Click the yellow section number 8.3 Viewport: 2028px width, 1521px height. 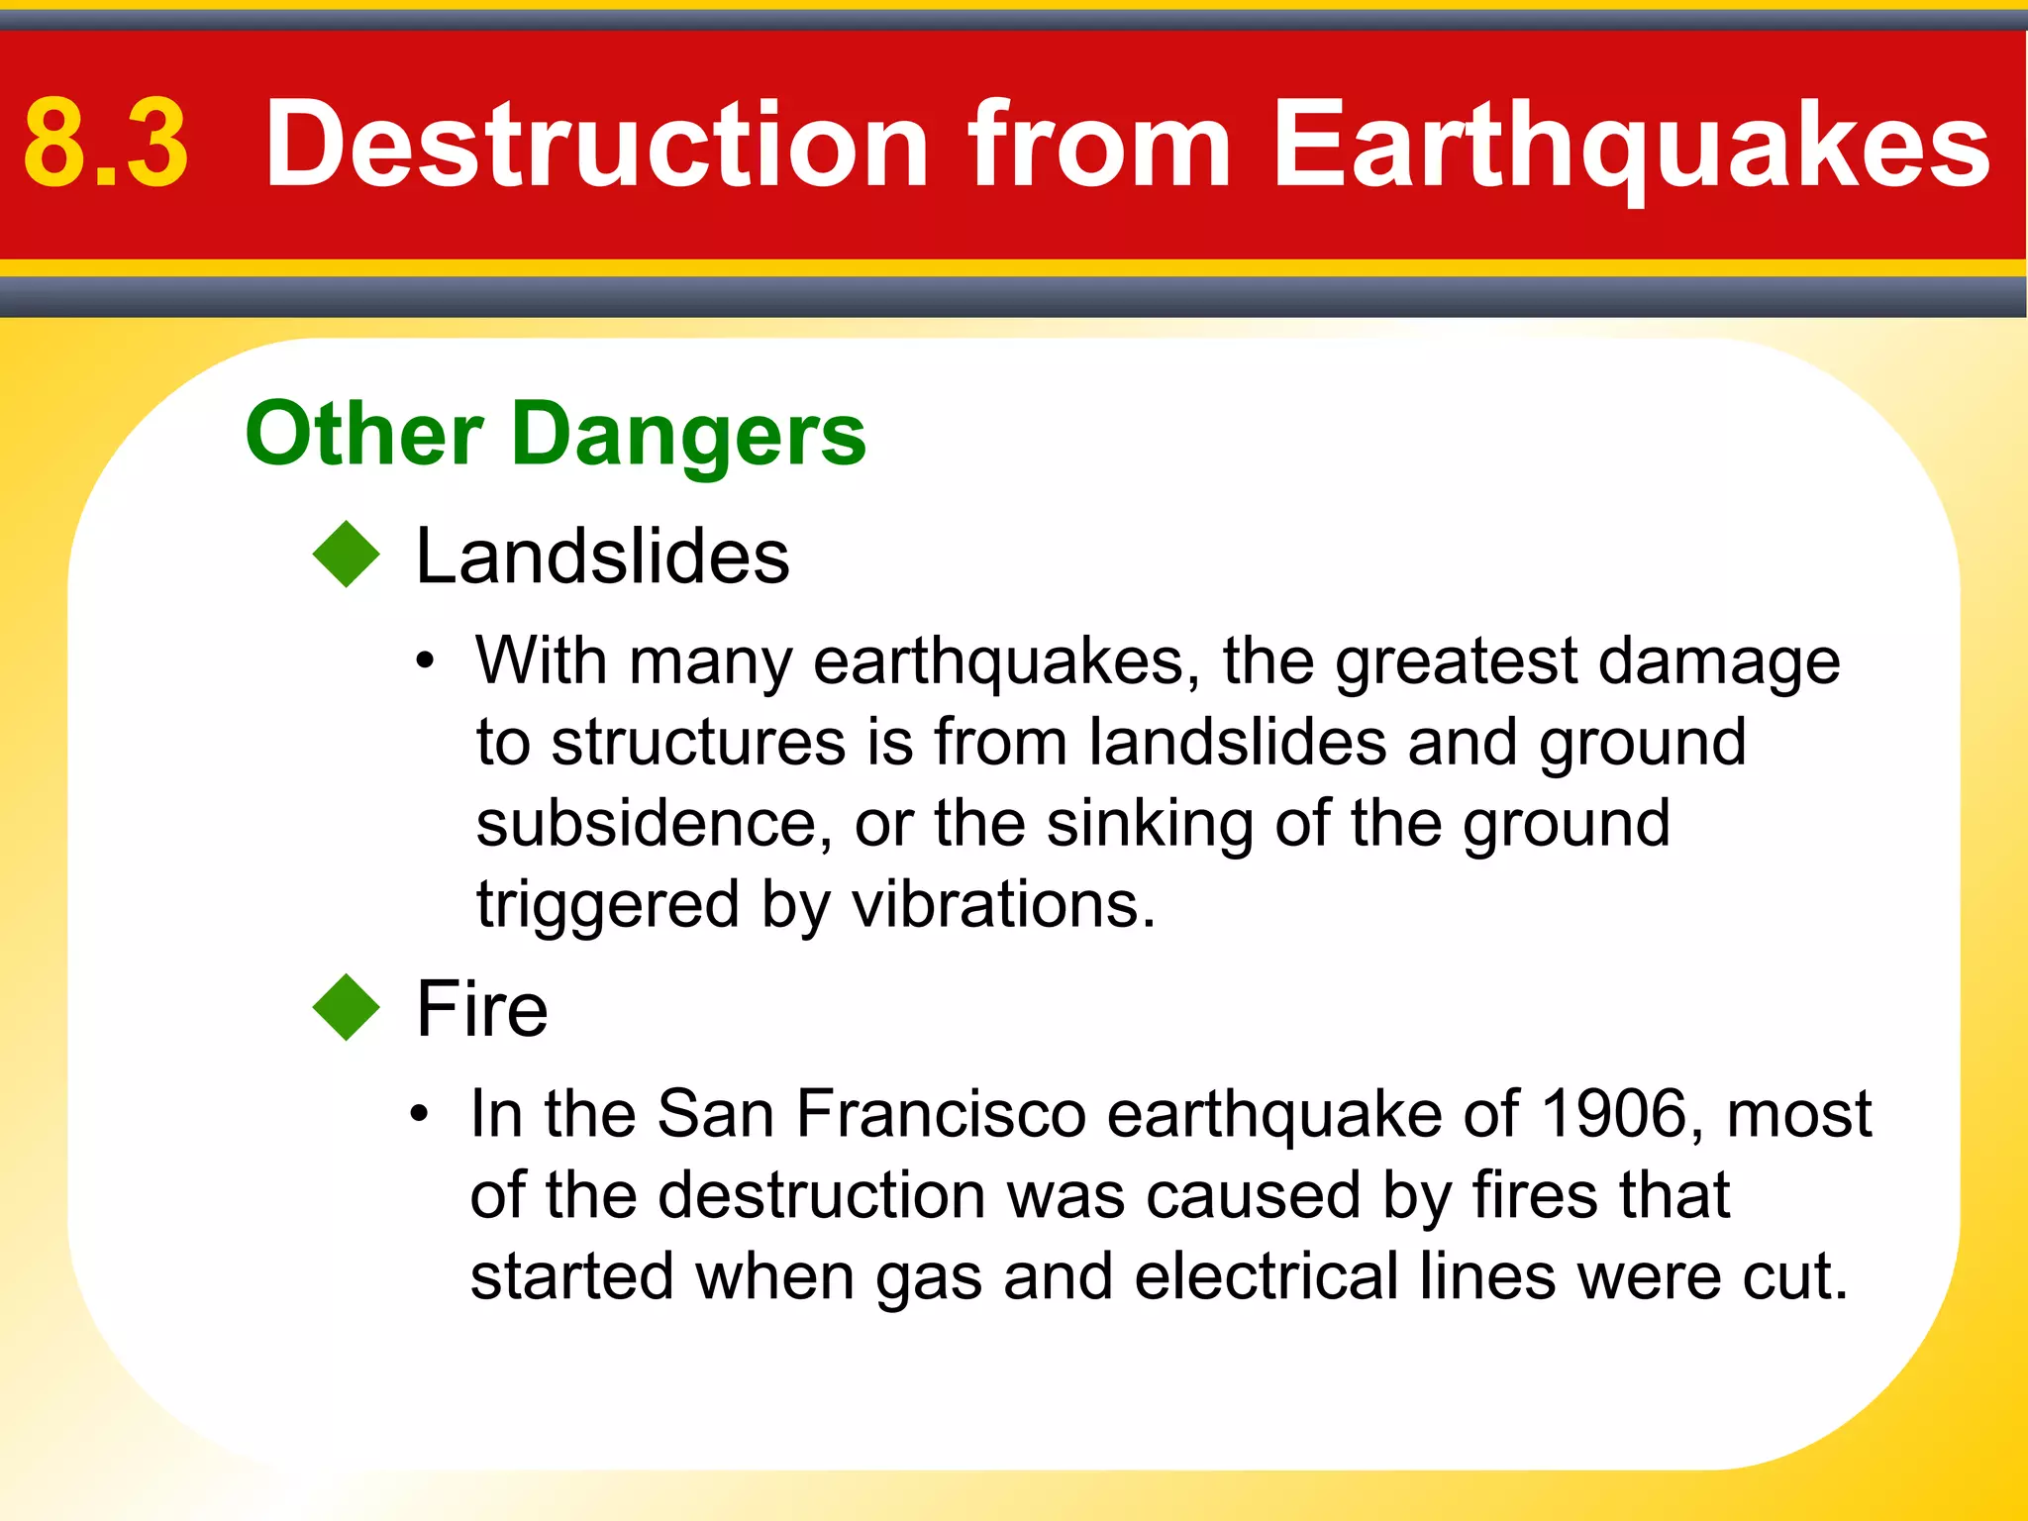tap(105, 145)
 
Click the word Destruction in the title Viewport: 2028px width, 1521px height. tap(597, 145)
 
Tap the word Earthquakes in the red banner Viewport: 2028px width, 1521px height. tap(1630, 145)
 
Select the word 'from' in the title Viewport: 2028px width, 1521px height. tap(1098, 145)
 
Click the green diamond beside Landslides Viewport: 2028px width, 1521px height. tap(346, 555)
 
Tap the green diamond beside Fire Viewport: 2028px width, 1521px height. tap(346, 1007)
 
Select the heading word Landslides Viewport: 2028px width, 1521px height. tap(602, 557)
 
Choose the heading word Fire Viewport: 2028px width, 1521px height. tap(481, 1009)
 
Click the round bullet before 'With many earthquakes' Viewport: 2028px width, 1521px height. tap(425, 661)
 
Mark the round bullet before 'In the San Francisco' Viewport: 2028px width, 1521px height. tap(420, 1114)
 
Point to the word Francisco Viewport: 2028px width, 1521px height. tap(941, 1114)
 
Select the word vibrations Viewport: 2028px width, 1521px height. tap(1003, 905)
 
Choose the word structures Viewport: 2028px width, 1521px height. tap(698, 743)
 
